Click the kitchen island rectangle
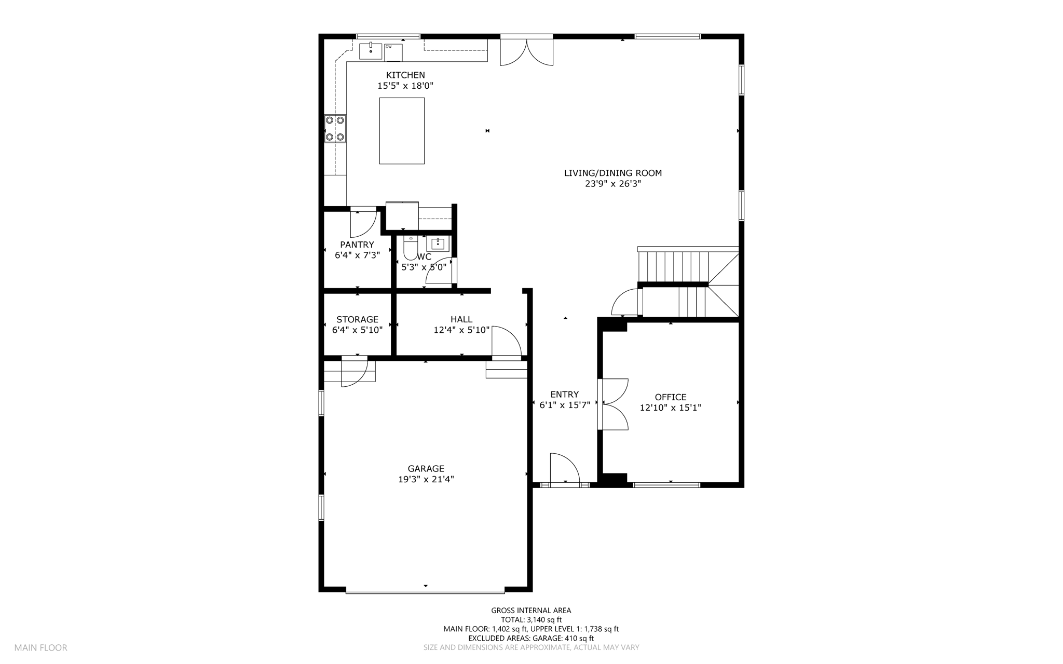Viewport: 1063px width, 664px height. [402, 131]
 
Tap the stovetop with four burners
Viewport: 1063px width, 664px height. [335, 129]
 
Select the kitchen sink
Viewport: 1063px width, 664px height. [371, 51]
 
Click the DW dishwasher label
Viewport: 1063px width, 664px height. [388, 47]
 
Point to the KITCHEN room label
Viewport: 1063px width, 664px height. [405, 75]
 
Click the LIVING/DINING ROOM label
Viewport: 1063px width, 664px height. [613, 173]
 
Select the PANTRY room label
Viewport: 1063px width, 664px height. [357, 245]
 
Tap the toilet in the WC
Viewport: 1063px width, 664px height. [411, 248]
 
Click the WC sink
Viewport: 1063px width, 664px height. [438, 243]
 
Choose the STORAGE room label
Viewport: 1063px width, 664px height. [357, 319]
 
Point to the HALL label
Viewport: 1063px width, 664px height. [461, 319]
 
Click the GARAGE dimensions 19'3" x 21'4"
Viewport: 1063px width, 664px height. [426, 480]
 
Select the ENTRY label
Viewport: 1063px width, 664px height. [565, 395]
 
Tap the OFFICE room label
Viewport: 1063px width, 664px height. [671, 397]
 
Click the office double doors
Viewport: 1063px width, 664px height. [613, 404]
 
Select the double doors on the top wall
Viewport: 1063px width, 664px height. [526, 50]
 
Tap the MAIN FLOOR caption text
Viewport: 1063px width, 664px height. [40, 647]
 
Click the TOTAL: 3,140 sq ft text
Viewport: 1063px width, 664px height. [531, 619]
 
